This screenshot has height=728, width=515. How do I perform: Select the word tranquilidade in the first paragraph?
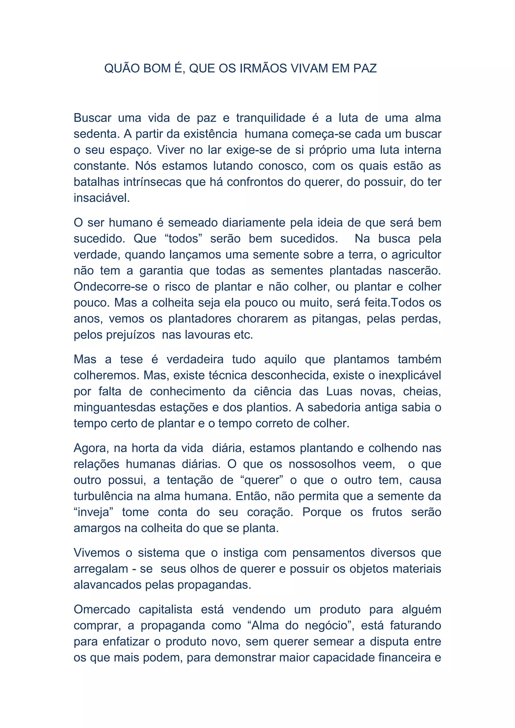271,118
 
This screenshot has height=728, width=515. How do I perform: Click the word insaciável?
102,198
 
